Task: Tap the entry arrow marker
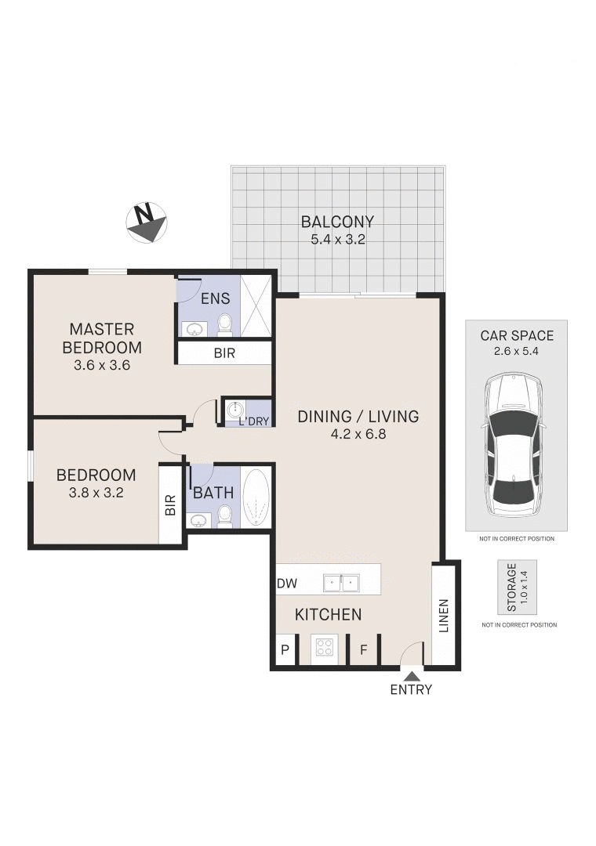[411, 674]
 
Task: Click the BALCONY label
[337, 222]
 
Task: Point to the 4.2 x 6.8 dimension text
[358, 434]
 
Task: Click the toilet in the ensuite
[225, 323]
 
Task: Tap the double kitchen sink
[340, 583]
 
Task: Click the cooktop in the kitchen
[324, 648]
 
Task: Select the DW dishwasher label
[286, 584]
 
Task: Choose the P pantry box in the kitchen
[285, 650]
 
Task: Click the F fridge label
[363, 650]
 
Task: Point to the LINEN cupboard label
[443, 616]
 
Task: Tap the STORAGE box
[517, 587]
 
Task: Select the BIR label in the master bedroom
[224, 353]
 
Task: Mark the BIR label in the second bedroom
[170, 505]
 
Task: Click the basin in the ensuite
[194, 329]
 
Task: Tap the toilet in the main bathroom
[224, 514]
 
